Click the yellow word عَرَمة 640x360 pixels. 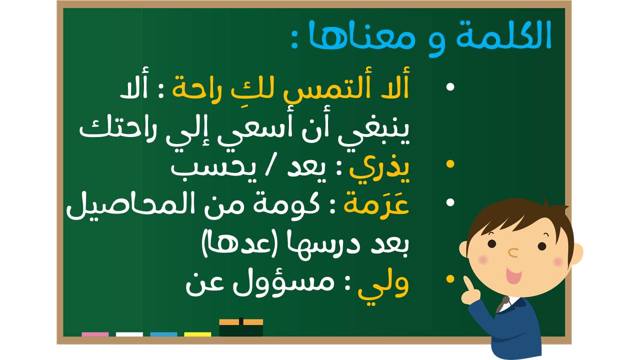pos(376,204)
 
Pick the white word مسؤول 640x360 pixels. pos(283,282)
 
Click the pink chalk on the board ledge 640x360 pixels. pos(95,334)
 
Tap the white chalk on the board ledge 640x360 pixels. pos(129,334)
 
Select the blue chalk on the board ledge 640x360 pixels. pos(163,334)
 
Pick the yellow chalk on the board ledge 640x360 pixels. pos(197,334)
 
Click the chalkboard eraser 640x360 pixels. pos(241,327)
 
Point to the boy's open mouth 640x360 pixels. pos(513,275)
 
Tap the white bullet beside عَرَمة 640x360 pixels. pos(450,202)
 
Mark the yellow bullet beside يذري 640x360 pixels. pos(450,164)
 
